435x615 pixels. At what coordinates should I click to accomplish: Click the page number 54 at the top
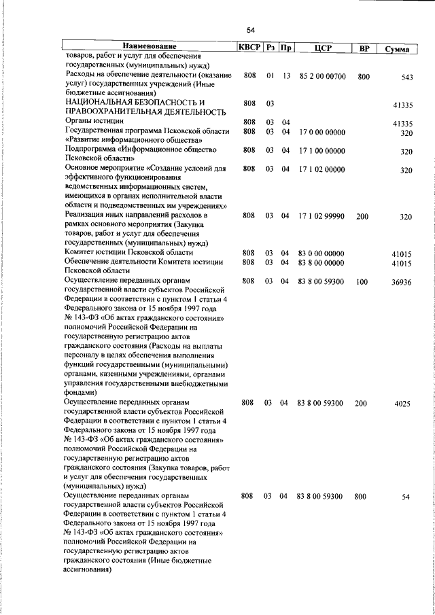(250, 30)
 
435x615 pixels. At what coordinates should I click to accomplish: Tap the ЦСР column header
(323, 48)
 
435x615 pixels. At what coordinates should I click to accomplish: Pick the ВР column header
(364, 48)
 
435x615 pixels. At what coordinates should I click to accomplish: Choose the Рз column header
(271, 48)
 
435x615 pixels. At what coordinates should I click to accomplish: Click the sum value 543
(406, 77)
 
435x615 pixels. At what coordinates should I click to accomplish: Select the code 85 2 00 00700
(323, 76)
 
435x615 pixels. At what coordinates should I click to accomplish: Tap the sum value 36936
(401, 283)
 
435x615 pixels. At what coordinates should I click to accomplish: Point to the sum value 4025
(402, 404)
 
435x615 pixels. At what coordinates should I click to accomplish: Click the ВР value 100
(362, 281)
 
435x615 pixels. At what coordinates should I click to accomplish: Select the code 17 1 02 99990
(321, 216)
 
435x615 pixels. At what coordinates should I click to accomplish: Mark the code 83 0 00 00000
(321, 253)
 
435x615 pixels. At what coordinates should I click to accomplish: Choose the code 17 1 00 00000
(321, 150)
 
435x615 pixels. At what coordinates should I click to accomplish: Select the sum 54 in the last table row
(406, 497)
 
